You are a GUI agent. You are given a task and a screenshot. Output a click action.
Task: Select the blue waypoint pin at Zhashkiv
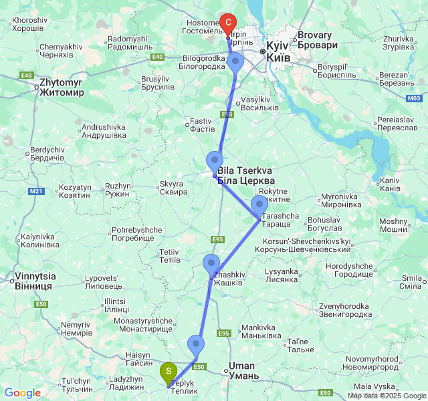click(211, 265)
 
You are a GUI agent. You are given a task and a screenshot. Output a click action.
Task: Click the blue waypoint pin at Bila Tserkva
click(215, 162)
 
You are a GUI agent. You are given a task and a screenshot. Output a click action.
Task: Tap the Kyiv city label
click(278, 52)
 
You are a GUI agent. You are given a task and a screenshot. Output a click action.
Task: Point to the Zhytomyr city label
click(62, 88)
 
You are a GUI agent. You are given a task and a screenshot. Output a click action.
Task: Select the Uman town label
click(243, 370)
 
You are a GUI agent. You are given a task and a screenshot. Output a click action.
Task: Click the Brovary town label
click(314, 39)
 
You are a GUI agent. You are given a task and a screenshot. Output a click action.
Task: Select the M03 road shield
click(414, 98)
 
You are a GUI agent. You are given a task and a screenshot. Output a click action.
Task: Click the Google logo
click(22, 394)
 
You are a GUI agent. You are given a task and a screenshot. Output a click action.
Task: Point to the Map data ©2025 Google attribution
click(386, 396)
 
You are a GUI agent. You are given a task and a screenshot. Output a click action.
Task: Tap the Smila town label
click(410, 283)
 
